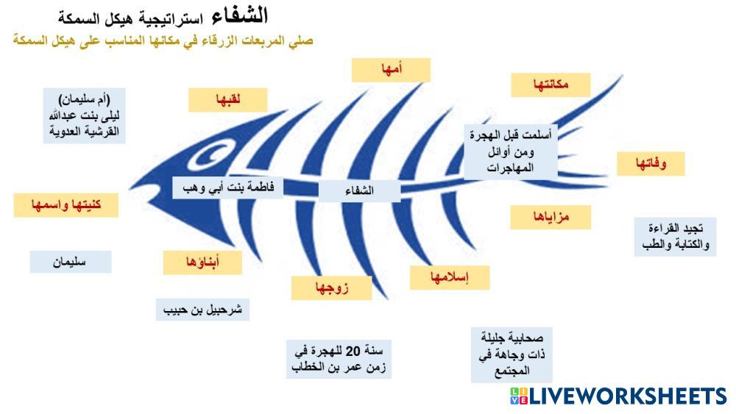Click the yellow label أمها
click(x=391, y=71)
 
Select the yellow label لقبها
click(x=227, y=100)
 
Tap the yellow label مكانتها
click(x=551, y=85)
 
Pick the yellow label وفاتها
click(x=651, y=164)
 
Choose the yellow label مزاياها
click(x=551, y=217)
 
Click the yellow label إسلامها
click(x=450, y=277)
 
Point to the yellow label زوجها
click(x=331, y=288)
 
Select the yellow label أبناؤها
click(x=203, y=263)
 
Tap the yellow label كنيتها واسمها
click(x=66, y=205)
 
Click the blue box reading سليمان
click(x=71, y=262)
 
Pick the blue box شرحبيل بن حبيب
click(x=202, y=310)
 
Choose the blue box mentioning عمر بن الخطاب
click(x=339, y=359)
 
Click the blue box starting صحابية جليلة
click(x=512, y=355)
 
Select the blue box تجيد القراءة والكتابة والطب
click(x=675, y=237)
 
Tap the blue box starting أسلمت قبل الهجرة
click(x=511, y=152)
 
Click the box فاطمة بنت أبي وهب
click(x=227, y=188)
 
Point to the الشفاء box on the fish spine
click(x=359, y=191)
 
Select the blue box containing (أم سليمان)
click(x=84, y=115)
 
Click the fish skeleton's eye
click(x=210, y=156)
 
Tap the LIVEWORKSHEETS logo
click(x=618, y=396)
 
